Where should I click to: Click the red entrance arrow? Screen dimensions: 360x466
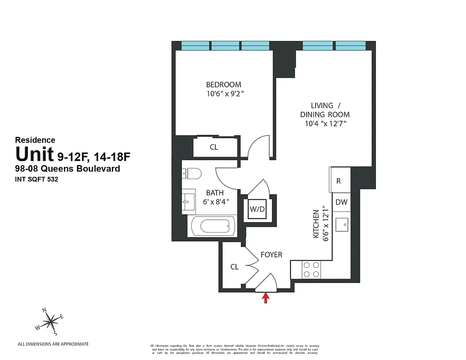pos(266,298)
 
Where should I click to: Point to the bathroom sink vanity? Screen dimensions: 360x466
pos(189,201)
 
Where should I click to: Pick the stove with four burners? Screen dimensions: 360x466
pos(311,270)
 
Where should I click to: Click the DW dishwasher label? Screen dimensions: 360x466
pos(341,202)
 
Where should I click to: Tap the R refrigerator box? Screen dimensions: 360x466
pos(339,181)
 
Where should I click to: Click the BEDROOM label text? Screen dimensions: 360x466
pos(223,85)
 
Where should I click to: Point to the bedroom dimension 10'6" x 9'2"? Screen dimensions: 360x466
pos(225,94)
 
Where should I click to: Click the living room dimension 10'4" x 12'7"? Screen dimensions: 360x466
pos(325,124)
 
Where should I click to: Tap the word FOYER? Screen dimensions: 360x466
pos(271,255)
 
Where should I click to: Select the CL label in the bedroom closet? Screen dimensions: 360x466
pos(214,147)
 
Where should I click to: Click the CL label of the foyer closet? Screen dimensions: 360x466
pos(234,267)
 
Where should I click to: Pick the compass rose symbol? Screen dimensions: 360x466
pos(51,320)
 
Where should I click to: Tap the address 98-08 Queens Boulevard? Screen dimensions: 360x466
pos(68,169)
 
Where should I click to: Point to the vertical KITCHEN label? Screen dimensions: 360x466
pos(316,224)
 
